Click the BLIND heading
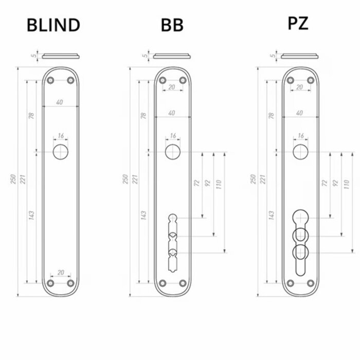coord(53,25)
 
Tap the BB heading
coord(172,25)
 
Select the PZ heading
coord(298,23)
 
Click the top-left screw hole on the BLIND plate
coord(50,81)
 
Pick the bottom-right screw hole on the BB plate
coord(183,283)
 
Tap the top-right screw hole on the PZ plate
coord(311,81)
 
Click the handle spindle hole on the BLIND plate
coord(61,152)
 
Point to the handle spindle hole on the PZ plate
coord(300,152)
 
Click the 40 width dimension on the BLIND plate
coord(60,102)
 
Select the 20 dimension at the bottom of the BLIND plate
coord(61,273)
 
